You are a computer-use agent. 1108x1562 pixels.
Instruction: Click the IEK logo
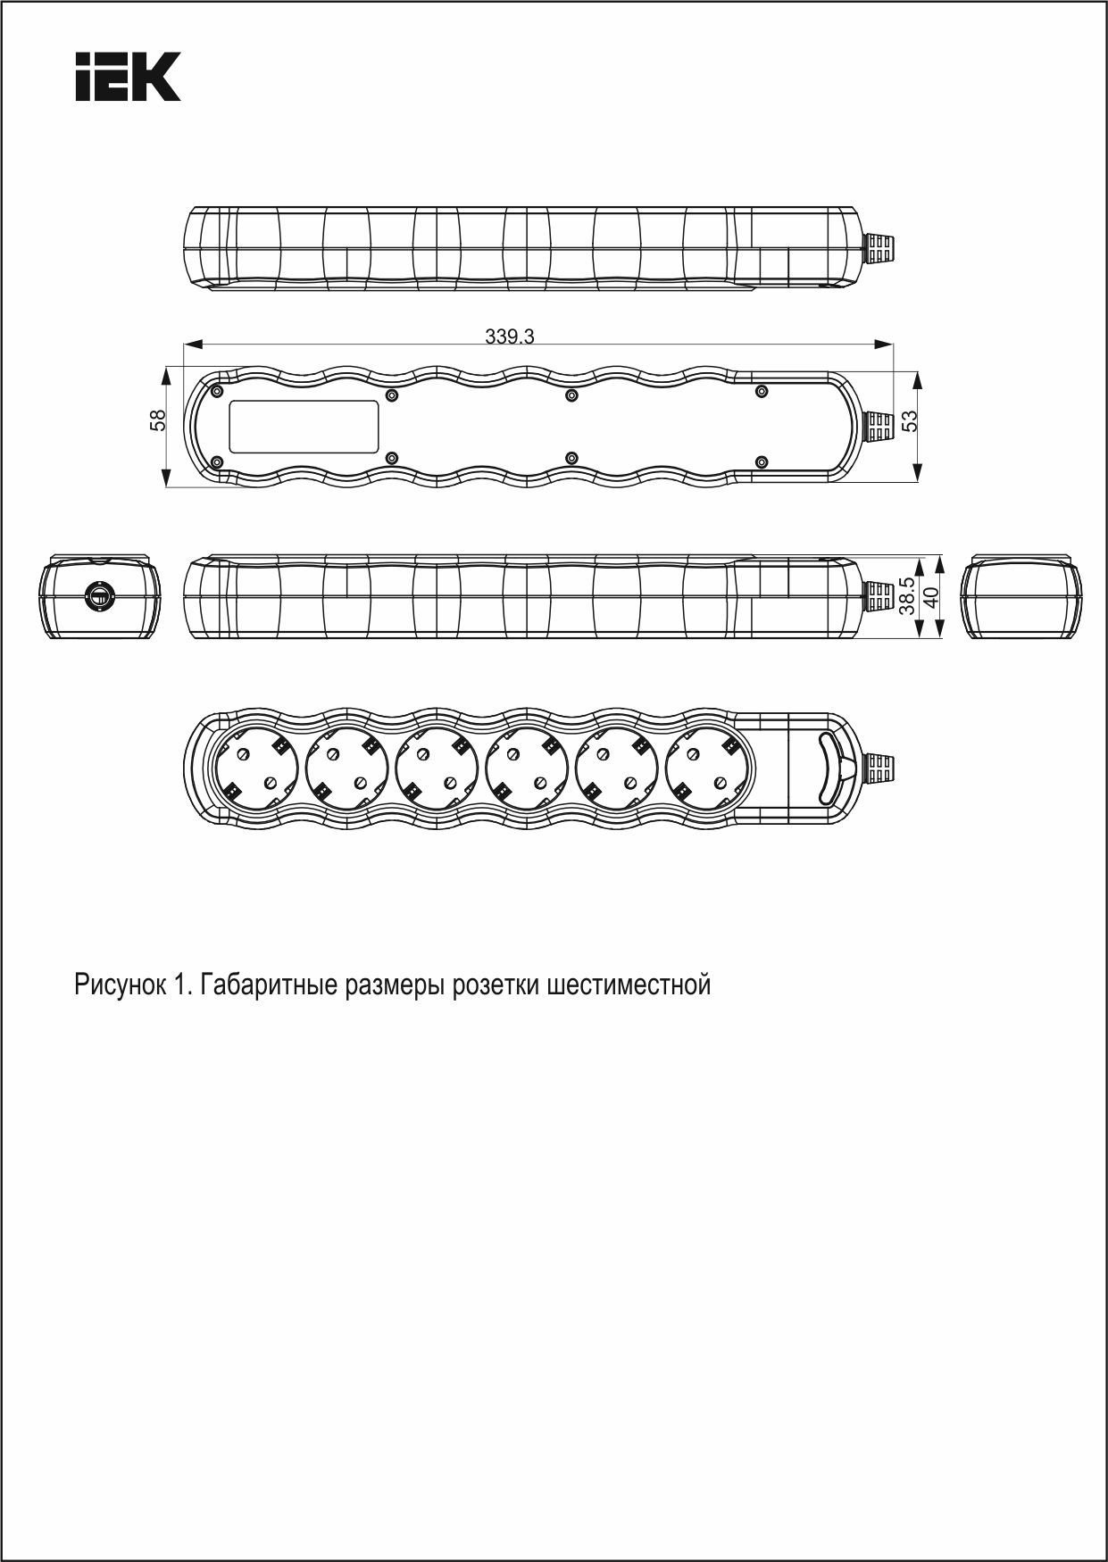[x=128, y=76]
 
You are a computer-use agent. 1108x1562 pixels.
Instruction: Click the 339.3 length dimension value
[x=510, y=336]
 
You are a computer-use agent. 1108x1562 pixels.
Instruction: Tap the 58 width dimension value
[x=158, y=420]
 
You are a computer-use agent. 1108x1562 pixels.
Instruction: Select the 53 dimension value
[x=910, y=420]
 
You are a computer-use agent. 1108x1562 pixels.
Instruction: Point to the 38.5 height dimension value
[x=906, y=595]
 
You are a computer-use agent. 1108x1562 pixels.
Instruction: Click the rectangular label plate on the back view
[x=304, y=427]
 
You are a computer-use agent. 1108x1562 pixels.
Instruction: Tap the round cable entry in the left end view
[x=99, y=597]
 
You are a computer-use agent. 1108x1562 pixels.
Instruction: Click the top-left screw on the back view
[x=217, y=391]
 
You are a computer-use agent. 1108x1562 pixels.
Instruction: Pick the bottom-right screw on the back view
[x=762, y=461]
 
